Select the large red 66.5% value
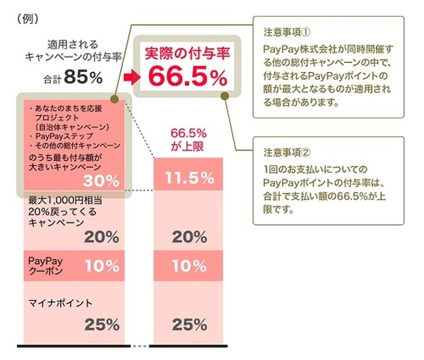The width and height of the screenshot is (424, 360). (x=180, y=72)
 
